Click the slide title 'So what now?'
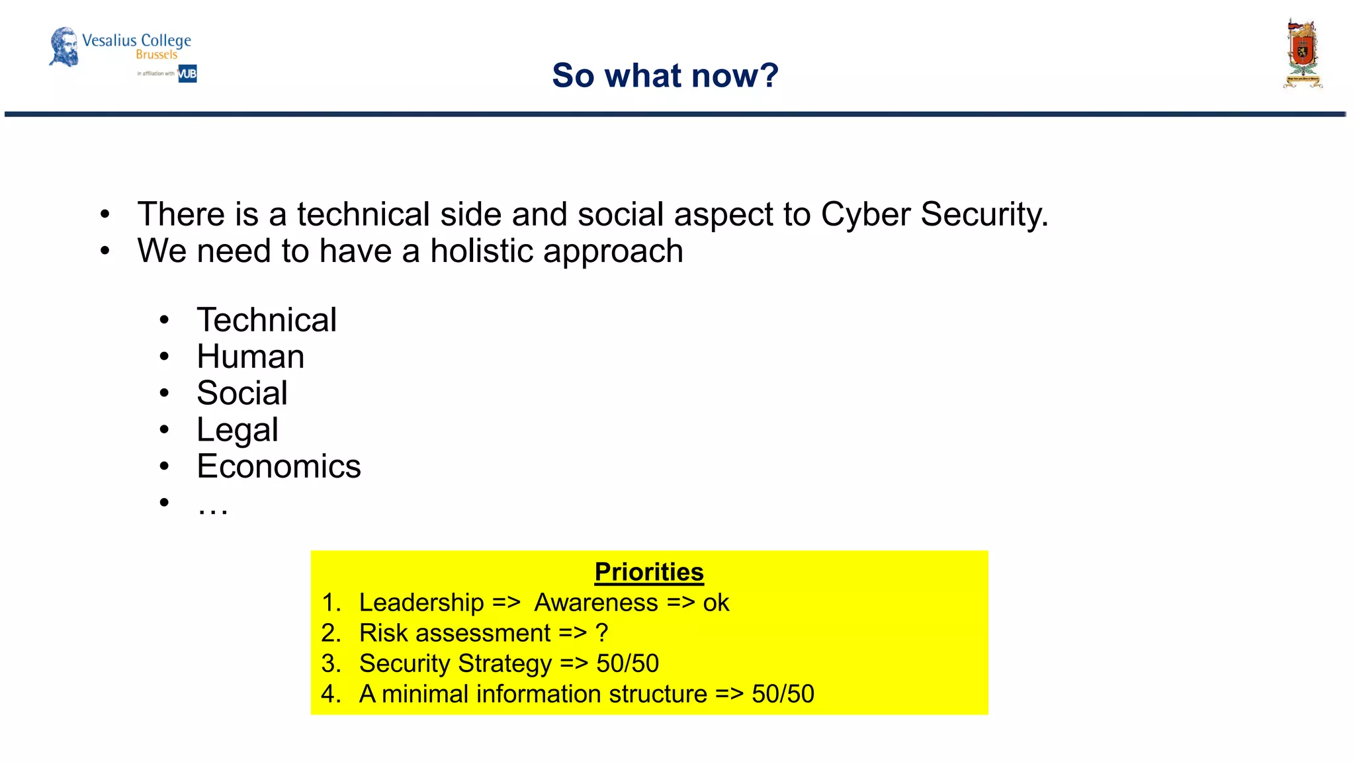(665, 75)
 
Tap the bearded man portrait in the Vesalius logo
(64, 46)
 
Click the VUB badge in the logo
(187, 73)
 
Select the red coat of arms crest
(1302, 54)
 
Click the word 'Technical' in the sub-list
(267, 320)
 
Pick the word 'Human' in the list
(251, 357)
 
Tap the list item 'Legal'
(238, 430)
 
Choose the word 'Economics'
(279, 466)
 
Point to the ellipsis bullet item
(212, 506)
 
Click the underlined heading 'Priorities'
(649, 572)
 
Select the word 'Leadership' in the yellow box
(421, 603)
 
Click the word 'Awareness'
(596, 603)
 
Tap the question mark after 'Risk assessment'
(601, 633)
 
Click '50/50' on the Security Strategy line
(627, 663)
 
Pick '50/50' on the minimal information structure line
(783, 694)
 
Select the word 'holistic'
(482, 251)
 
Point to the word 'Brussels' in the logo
(157, 55)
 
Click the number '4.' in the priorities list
(331, 694)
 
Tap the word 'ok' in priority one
(716, 603)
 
